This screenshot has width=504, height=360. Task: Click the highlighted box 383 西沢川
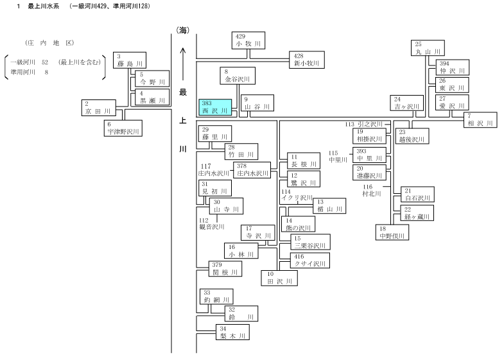coord(215,107)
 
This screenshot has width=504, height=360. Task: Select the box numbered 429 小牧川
coord(248,40)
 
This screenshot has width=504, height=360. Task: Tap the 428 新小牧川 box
coord(307,60)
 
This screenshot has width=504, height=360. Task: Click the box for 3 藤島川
coord(130,60)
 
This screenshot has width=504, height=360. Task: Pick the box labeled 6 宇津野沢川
coord(123,128)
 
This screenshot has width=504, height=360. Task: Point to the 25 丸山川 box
coord(428,48)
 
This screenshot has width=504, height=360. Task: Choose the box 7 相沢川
coord(480,120)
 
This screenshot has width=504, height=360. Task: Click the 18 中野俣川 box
coord(392,232)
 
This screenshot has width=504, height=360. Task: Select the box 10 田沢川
coord(279,278)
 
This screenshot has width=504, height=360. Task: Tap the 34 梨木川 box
coord(232,332)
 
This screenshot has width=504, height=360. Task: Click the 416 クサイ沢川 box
coord(310,260)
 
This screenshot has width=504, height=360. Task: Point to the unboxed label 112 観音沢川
coord(211,223)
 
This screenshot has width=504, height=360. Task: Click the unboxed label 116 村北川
coord(371,190)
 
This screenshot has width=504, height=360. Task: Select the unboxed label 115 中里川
coord(338,157)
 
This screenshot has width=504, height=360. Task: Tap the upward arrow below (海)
coord(182,64)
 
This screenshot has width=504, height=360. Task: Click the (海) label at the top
coord(182,30)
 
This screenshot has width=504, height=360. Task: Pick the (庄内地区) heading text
coord(49,43)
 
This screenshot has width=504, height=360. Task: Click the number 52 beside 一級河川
coord(45,62)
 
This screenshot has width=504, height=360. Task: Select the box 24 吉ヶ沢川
coord(406,103)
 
